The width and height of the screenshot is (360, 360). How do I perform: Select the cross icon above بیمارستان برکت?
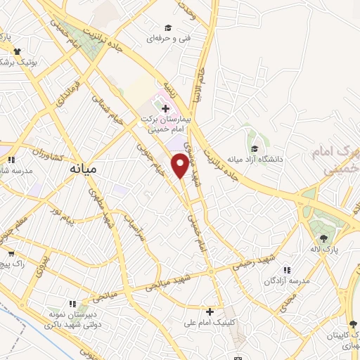point(165,108)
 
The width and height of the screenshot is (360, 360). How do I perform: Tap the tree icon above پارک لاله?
point(324,237)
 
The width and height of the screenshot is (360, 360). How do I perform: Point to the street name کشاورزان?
point(49,151)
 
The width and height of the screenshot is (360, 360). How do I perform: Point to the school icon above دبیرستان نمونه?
point(86,307)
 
